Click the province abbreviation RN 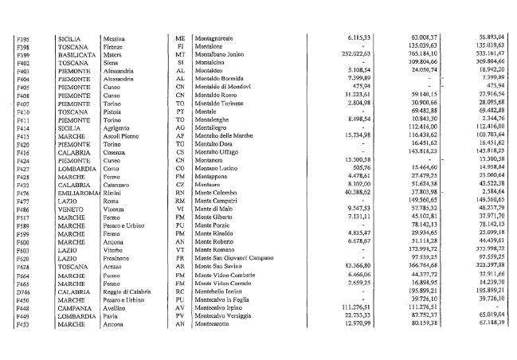(179, 211)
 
